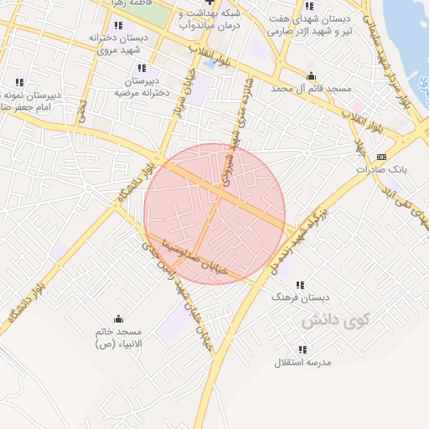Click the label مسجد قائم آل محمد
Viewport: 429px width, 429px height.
coord(310,88)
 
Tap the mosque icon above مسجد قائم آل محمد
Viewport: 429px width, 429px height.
coord(311,75)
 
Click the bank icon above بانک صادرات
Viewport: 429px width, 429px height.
coord(382,157)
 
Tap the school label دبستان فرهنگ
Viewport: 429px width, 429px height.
coord(301,297)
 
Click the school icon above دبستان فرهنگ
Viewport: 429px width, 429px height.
coord(301,284)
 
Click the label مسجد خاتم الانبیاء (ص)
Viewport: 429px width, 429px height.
coord(118,338)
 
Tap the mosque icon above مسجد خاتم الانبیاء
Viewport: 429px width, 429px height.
coord(118,318)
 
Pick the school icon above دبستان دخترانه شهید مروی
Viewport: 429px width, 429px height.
coord(118,25)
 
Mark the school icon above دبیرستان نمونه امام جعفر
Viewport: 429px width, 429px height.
coord(19,82)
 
